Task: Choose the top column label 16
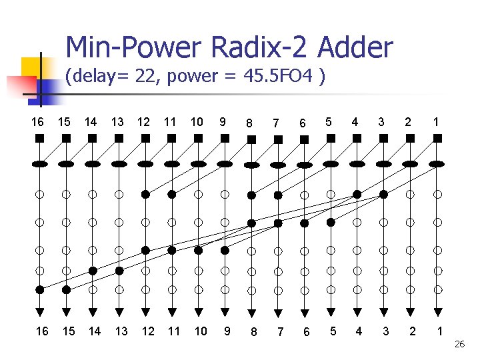point(39,122)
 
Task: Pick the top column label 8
point(249,123)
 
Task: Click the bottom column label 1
point(439,331)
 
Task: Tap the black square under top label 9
point(225,139)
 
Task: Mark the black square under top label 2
point(410,139)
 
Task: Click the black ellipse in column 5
point(331,163)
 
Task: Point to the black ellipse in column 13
point(119,163)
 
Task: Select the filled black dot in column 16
point(40,290)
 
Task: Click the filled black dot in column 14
point(93,271)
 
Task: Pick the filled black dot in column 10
point(198,250)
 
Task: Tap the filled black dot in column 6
point(305,223)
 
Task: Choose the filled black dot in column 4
point(357,194)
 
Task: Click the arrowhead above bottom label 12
point(145,311)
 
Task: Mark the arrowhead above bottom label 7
point(278,311)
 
